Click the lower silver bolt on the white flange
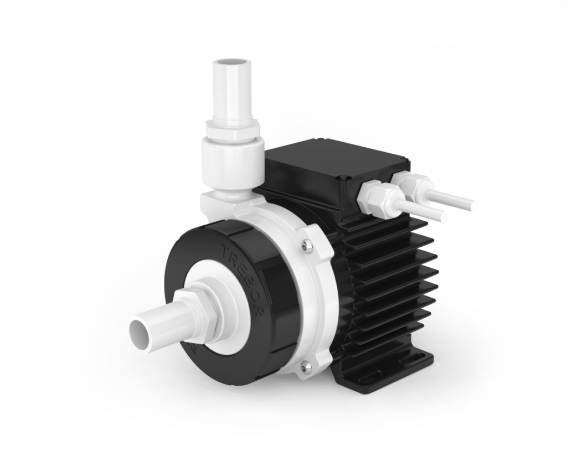pos(304,366)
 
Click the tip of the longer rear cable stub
pos(473,206)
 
